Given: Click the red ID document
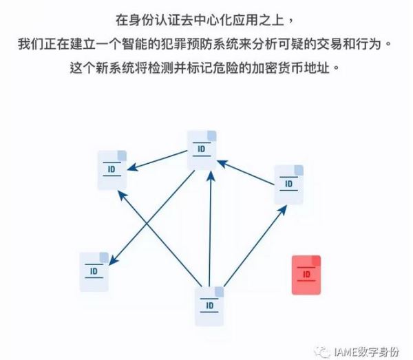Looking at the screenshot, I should [306, 275].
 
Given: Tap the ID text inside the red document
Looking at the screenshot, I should [307, 275].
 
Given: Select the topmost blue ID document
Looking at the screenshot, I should [202, 150].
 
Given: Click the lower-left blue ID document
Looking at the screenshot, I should [94, 272].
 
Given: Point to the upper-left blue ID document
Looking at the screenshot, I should [112, 169].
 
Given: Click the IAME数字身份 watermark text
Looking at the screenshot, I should [366, 349].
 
